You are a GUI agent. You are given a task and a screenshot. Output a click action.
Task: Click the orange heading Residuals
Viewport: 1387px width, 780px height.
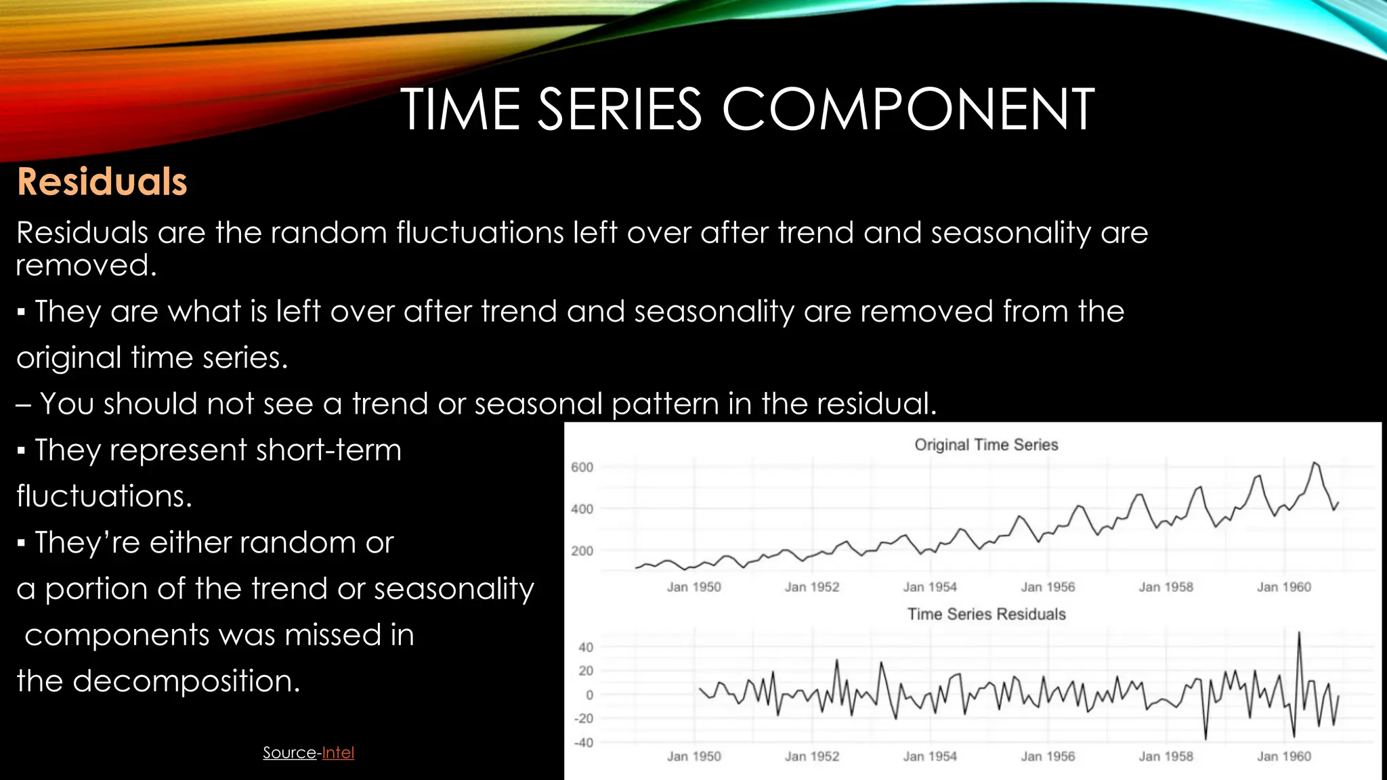click(x=102, y=181)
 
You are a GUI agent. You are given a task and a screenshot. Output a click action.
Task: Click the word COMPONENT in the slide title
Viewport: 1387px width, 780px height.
click(x=908, y=110)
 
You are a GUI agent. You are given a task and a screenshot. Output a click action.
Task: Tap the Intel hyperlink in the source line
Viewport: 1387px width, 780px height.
click(x=338, y=752)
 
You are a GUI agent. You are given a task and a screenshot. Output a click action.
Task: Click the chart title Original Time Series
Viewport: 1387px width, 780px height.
click(x=986, y=445)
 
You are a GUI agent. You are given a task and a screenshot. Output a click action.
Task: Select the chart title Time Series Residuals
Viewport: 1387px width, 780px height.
click(x=986, y=614)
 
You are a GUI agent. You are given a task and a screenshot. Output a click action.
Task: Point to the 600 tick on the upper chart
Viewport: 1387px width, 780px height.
click(x=582, y=467)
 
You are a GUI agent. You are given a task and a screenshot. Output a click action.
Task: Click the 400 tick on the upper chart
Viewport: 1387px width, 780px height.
click(x=582, y=509)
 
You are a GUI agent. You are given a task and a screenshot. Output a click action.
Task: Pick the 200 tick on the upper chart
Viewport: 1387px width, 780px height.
click(x=582, y=551)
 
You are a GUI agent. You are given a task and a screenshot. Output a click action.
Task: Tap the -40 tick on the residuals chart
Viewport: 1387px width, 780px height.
click(x=583, y=743)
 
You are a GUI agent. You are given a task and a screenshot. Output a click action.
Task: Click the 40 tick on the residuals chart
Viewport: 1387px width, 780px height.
click(x=586, y=647)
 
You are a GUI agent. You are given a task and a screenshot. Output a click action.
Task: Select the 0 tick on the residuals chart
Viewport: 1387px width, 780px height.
click(x=589, y=695)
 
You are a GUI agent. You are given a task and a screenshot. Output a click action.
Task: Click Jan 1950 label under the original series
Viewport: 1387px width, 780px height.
click(x=693, y=587)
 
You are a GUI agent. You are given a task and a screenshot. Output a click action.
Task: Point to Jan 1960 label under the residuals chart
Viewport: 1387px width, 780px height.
click(x=1283, y=756)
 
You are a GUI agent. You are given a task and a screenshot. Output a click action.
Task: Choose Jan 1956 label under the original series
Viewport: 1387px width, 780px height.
click(x=1048, y=587)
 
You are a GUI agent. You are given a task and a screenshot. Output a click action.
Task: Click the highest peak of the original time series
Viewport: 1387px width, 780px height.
click(x=1315, y=463)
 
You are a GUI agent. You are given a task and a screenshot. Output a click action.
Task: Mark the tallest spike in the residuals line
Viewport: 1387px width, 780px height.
click(x=1298, y=633)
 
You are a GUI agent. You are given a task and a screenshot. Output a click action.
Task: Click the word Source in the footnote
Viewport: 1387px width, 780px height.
click(x=289, y=752)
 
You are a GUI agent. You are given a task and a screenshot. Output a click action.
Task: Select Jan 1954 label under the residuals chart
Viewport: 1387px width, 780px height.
click(x=929, y=756)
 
